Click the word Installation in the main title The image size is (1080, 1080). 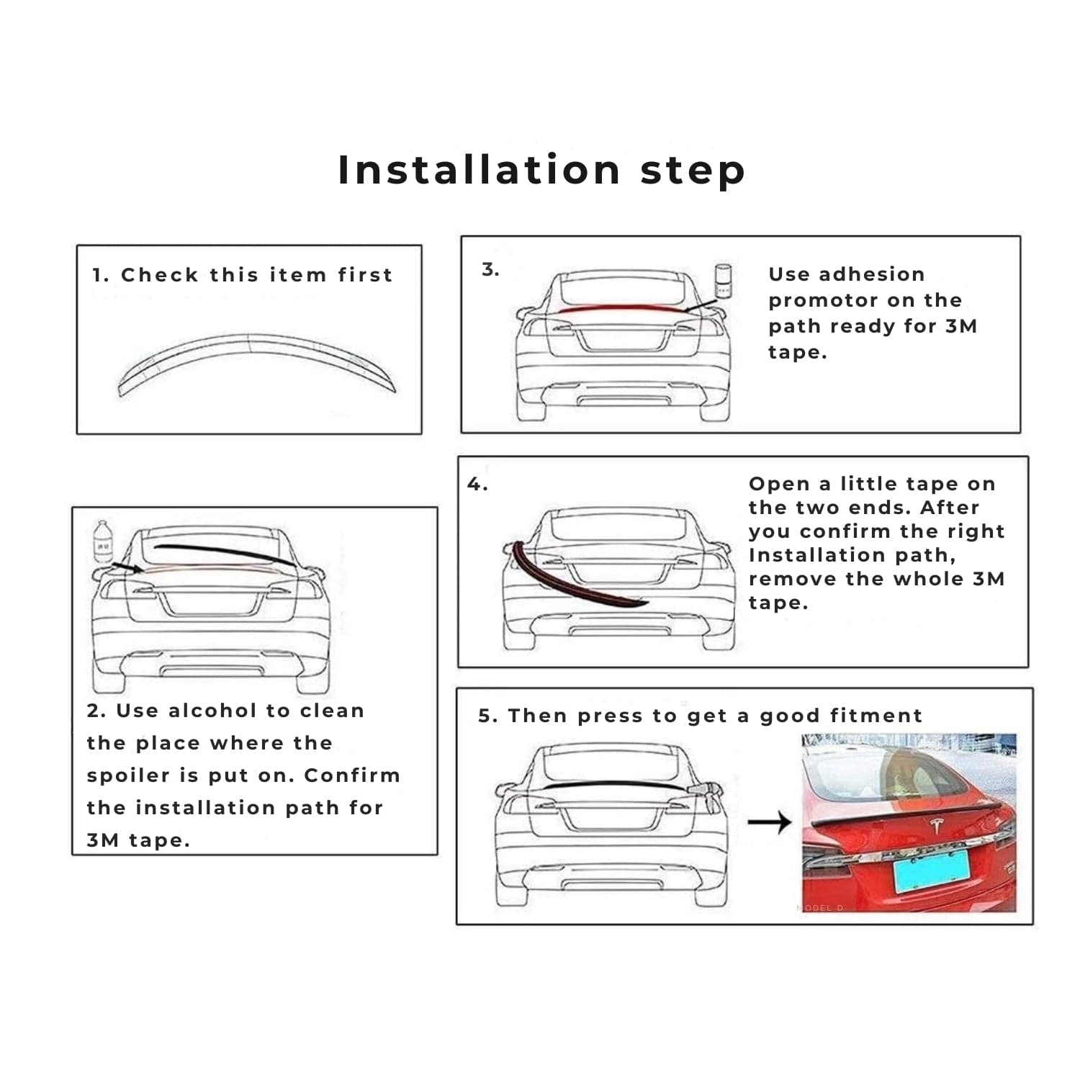tap(480, 170)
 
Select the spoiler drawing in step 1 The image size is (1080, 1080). tap(257, 364)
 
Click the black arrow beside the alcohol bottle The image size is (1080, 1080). tap(127, 568)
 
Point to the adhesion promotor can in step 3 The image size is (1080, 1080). tap(723, 281)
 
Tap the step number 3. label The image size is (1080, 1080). tap(490, 270)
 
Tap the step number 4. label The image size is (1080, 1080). tap(477, 484)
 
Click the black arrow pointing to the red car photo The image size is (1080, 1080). tap(770, 822)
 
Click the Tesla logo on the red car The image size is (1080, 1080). tap(936, 827)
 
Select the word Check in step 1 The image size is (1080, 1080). tap(159, 275)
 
